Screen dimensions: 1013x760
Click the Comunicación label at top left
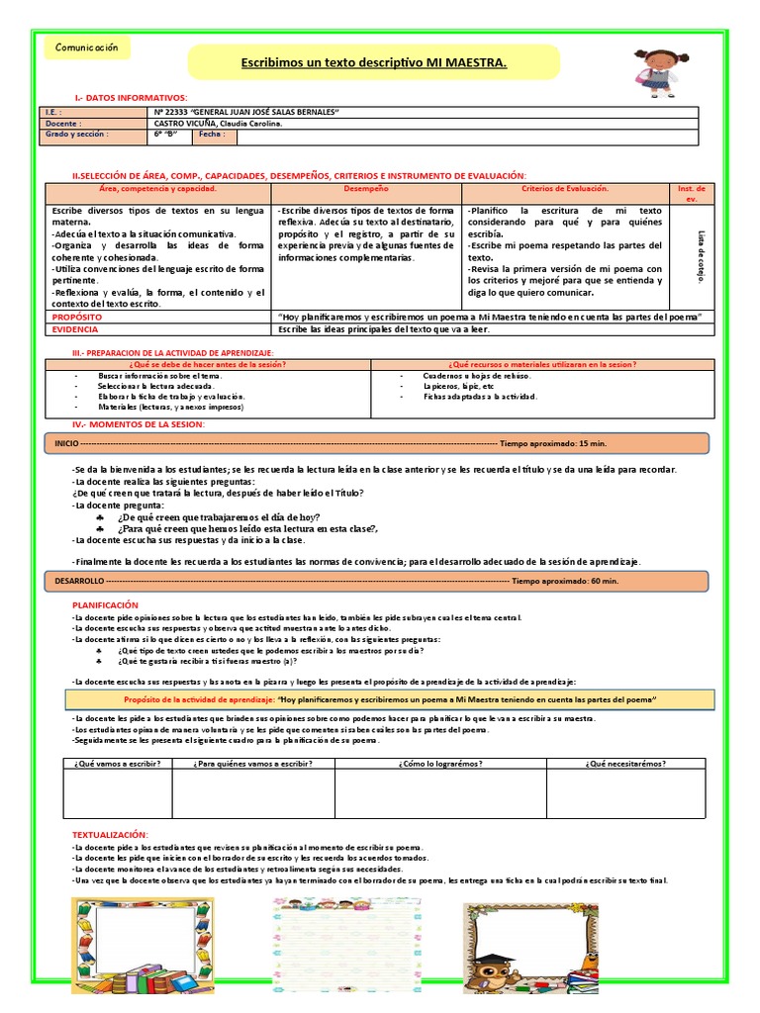tap(86, 48)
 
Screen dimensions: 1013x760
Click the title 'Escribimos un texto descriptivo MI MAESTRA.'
tap(374, 63)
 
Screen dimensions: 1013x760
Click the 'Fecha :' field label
tap(212, 134)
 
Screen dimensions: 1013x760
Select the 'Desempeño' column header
tap(366, 188)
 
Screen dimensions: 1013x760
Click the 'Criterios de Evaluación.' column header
tap(565, 188)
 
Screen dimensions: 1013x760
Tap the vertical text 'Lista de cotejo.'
tap(701, 257)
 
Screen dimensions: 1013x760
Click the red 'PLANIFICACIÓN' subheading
tap(106, 604)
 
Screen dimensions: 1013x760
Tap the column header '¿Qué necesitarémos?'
tap(625, 763)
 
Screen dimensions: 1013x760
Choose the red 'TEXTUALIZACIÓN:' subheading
tap(110, 835)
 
